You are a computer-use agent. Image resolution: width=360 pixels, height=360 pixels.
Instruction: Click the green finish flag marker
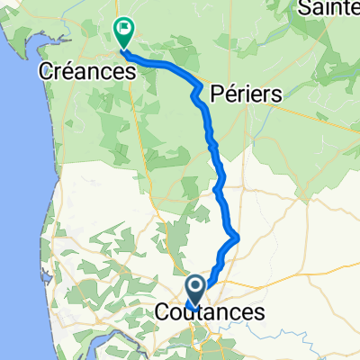point(123,32)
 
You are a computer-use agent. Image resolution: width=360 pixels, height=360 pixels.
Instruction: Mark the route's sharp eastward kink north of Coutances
point(237,237)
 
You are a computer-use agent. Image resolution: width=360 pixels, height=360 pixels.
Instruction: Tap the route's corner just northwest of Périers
point(195,87)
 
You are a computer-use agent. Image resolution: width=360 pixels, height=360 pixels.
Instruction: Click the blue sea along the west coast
point(18,180)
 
